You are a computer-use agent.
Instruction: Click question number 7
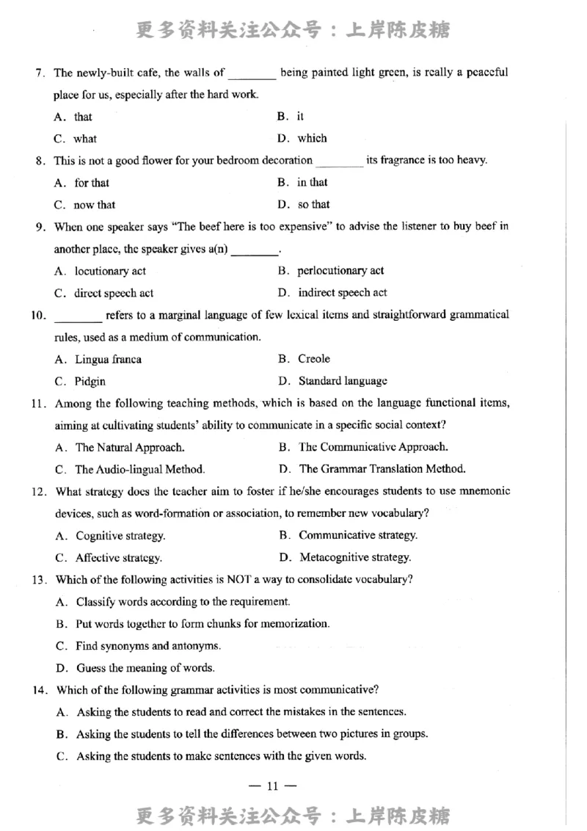pyautogui.click(x=40, y=73)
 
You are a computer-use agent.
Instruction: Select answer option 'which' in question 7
pyautogui.click(x=312, y=138)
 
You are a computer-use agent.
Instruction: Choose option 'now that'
pyautogui.click(x=94, y=205)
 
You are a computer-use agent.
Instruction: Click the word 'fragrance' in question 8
pyautogui.click(x=404, y=160)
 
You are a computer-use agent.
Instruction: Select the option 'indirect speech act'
pyautogui.click(x=342, y=292)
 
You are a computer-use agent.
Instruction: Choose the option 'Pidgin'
pyautogui.click(x=90, y=381)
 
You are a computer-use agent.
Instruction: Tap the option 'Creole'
pyautogui.click(x=313, y=359)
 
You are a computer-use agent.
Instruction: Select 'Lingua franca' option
pyautogui.click(x=109, y=359)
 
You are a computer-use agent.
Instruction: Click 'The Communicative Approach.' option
pyautogui.click(x=373, y=446)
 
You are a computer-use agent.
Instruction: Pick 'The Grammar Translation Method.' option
pyautogui.click(x=382, y=468)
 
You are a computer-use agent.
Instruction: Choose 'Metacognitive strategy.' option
pyautogui.click(x=355, y=556)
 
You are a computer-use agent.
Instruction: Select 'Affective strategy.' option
pyautogui.click(x=119, y=557)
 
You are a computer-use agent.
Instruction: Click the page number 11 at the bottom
pyautogui.click(x=272, y=786)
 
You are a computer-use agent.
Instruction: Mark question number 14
pyautogui.click(x=40, y=689)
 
